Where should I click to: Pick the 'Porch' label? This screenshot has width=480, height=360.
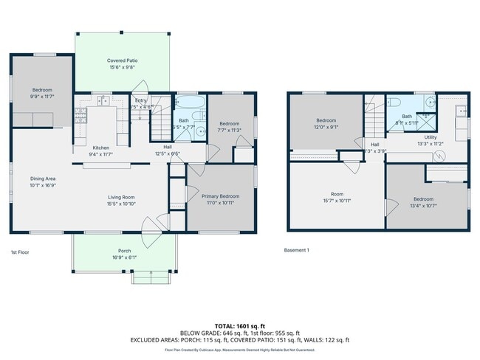[x=124, y=251]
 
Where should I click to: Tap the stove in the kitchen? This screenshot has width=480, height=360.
[x=80, y=115]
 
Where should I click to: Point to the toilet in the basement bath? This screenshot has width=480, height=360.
[x=394, y=103]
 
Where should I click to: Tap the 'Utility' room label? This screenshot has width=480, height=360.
[x=431, y=137]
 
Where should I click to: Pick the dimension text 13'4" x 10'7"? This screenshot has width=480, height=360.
[x=424, y=206]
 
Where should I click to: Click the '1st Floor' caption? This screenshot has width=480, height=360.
[x=20, y=252]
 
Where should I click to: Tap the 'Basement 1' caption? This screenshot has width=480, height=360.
[x=297, y=250]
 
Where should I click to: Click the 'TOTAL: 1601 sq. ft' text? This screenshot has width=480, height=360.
[x=239, y=325]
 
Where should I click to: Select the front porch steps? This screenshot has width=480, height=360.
[x=150, y=277]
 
